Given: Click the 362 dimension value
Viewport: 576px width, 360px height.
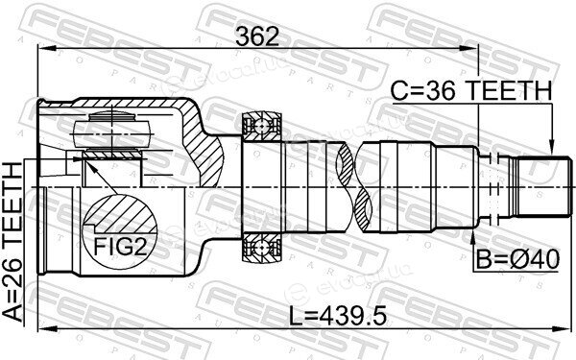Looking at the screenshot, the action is click(257, 36).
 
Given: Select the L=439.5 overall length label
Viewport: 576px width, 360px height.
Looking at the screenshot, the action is click(338, 316).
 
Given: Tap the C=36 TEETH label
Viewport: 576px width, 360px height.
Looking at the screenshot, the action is click(471, 91).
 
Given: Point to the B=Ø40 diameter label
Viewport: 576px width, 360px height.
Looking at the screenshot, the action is click(517, 259).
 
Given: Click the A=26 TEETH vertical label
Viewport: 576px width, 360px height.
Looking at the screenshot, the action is click(12, 243).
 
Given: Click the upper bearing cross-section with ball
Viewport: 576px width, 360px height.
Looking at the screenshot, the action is click(261, 127).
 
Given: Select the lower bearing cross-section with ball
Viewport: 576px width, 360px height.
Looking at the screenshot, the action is click(261, 248).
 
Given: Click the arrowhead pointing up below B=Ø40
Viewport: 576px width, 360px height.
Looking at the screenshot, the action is click(472, 240).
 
